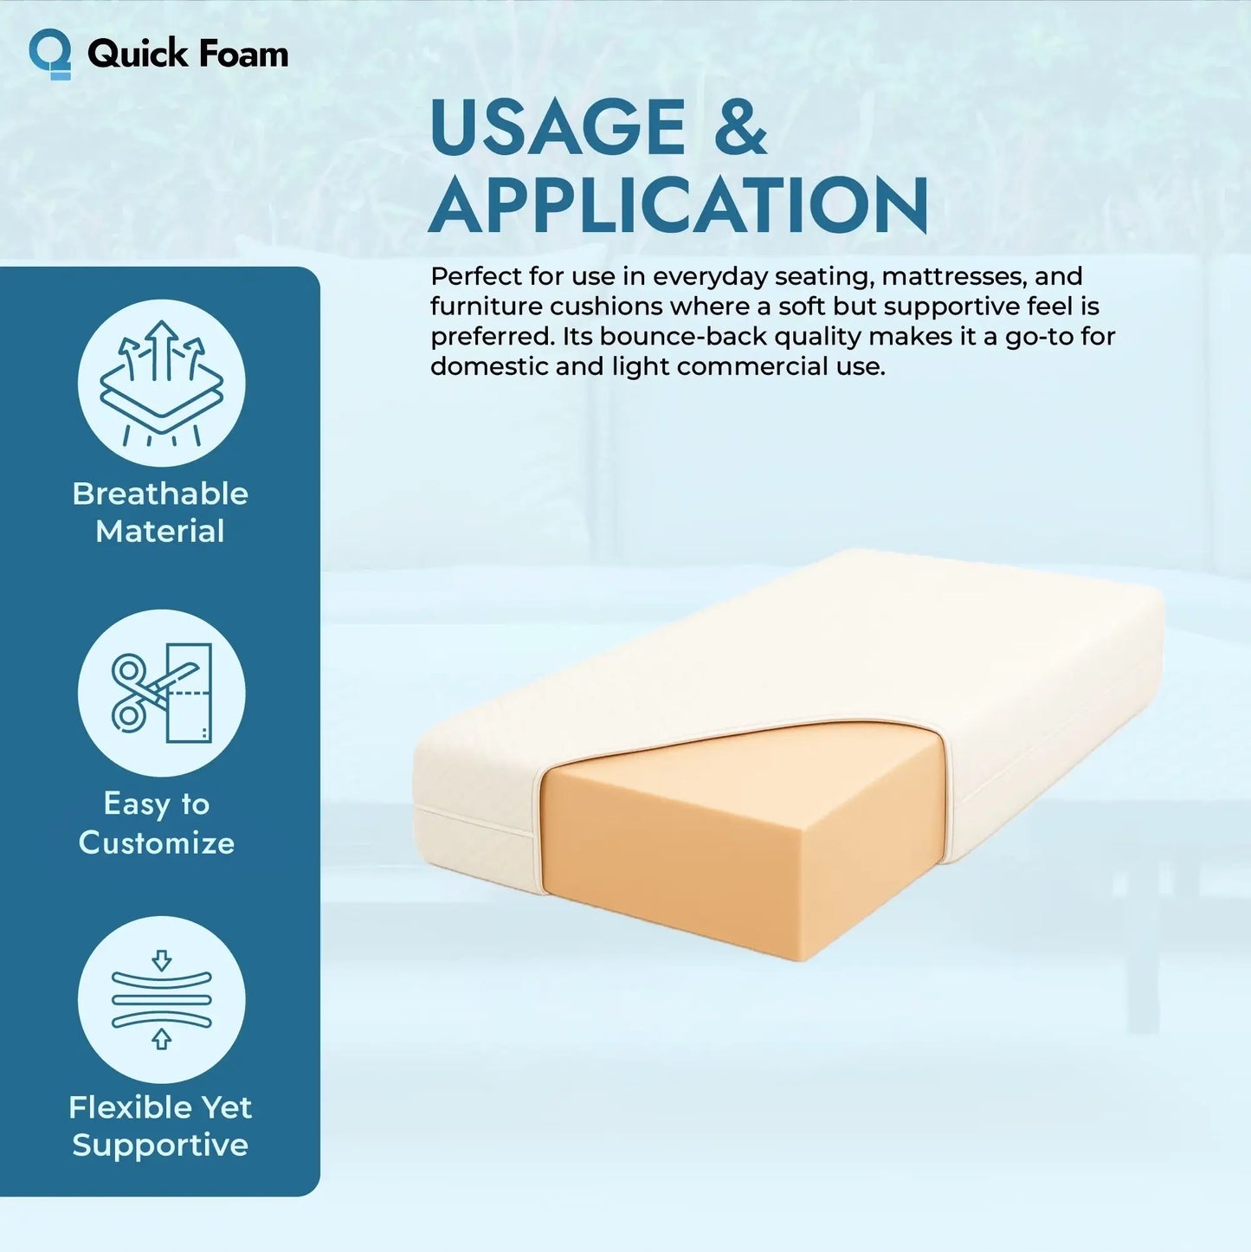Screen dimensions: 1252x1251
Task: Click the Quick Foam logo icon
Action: pos(50,54)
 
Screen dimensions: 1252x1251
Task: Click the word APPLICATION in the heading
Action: pos(679,206)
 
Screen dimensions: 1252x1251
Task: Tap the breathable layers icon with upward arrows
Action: pos(162,383)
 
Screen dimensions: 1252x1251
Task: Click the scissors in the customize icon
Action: pos(139,693)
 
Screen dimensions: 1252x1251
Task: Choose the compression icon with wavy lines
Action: pos(162,1000)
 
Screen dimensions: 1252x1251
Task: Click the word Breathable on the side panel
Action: pos(160,494)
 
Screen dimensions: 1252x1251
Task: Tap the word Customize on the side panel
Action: pos(157,842)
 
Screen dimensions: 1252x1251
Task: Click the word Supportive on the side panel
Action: pos(160,1146)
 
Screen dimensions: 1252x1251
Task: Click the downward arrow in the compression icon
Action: pos(162,959)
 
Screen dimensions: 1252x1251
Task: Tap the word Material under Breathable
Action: pos(160,531)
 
